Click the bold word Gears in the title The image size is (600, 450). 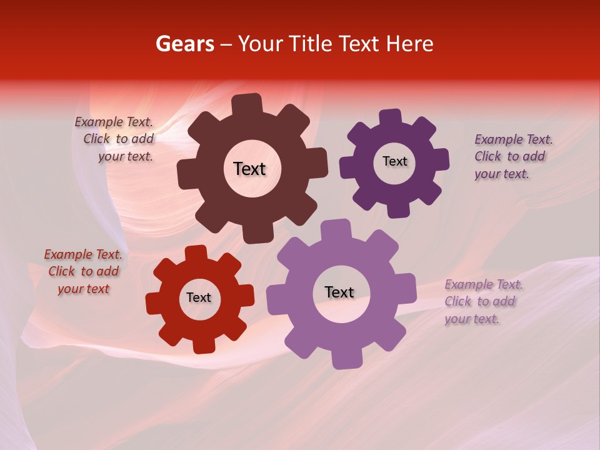click(x=184, y=44)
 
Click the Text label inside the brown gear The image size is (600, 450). click(x=249, y=169)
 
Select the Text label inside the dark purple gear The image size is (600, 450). click(x=394, y=161)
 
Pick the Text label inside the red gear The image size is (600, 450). click(x=199, y=297)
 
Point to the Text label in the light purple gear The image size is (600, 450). click(x=339, y=292)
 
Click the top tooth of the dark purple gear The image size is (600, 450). click(x=391, y=117)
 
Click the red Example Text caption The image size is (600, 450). click(x=83, y=271)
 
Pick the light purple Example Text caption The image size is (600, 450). click(x=482, y=301)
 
